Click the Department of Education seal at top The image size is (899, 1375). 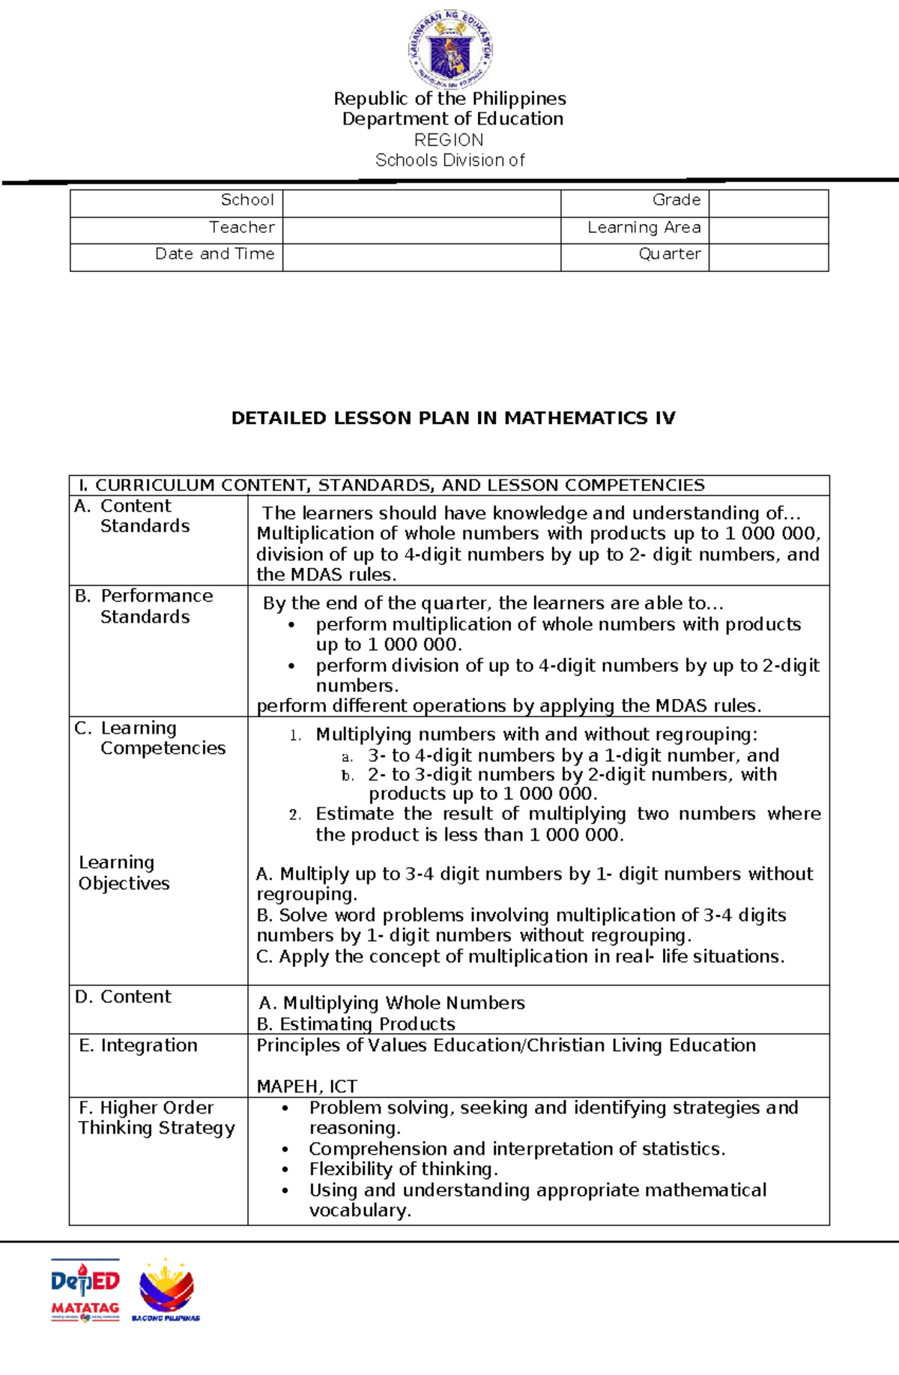pos(449,49)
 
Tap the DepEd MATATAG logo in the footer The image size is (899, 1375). pos(85,1290)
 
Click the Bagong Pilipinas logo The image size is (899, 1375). pos(166,1290)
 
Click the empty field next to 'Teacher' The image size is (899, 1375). pos(421,228)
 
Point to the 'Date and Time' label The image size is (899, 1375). pos(214,254)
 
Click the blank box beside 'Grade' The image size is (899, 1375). pos(768,201)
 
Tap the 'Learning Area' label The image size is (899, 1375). pos(644,228)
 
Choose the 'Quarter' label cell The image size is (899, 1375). pos(669,254)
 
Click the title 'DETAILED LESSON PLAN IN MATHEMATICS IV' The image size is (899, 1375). pos(453,418)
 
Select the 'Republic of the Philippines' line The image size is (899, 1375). pos(449,99)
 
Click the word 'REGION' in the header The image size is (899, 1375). pos(449,140)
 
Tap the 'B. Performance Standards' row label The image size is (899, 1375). pos(145,606)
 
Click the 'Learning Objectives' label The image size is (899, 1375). pos(124,873)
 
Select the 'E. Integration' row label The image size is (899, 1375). pos(139,1045)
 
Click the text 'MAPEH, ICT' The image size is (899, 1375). pos(306,1087)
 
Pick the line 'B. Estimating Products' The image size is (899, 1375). pos(356,1024)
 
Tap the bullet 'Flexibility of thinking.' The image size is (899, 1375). pos(403,1169)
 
